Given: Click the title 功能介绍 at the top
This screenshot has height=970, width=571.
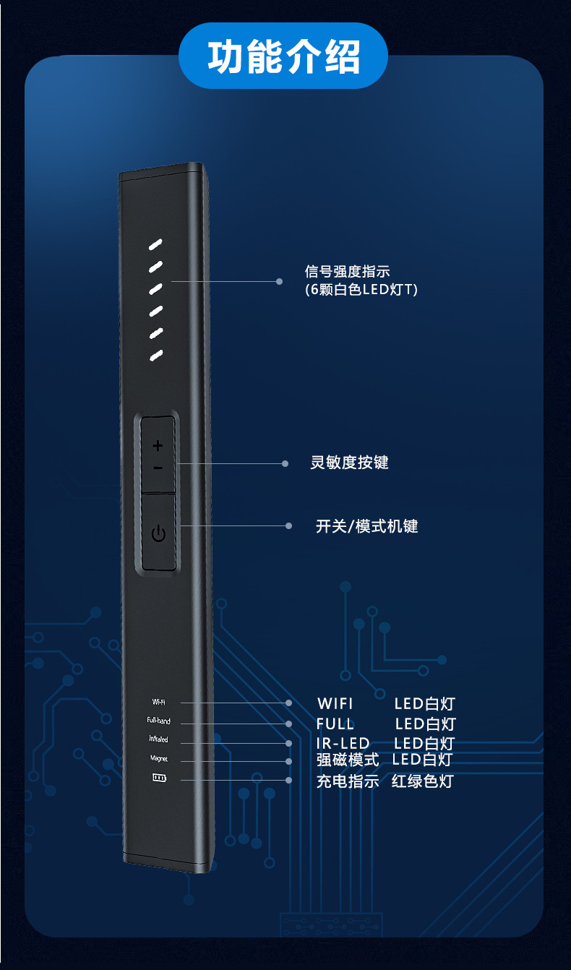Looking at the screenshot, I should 284,57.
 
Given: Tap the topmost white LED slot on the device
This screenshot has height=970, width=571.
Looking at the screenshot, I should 156,245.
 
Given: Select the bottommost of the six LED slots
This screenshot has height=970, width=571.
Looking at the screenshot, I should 156,355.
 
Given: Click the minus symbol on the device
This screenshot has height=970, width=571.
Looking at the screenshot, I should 158,468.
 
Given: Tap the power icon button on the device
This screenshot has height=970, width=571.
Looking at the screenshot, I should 158,534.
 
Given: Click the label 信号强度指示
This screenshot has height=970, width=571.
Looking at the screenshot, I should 347,272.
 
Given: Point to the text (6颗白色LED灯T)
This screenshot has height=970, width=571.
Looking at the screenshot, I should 361,289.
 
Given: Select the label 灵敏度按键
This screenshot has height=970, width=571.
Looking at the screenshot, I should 349,463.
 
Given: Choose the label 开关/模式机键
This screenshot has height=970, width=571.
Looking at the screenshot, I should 367,526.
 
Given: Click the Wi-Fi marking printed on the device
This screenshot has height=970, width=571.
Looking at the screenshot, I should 159,702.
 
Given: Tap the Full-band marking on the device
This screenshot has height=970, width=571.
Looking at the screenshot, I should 158,721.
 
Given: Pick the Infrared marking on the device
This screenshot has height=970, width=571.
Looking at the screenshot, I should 158,739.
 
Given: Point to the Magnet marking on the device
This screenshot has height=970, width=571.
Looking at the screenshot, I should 158,759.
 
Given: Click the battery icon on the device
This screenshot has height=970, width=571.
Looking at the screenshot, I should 158,779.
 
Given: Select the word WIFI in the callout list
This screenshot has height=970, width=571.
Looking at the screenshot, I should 335,703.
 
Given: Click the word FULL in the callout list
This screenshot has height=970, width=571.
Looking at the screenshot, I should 335,724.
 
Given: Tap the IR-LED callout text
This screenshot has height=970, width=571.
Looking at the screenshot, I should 343,743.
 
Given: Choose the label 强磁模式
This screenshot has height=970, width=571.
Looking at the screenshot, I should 348,760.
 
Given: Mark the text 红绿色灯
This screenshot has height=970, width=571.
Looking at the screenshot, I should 422,781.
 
